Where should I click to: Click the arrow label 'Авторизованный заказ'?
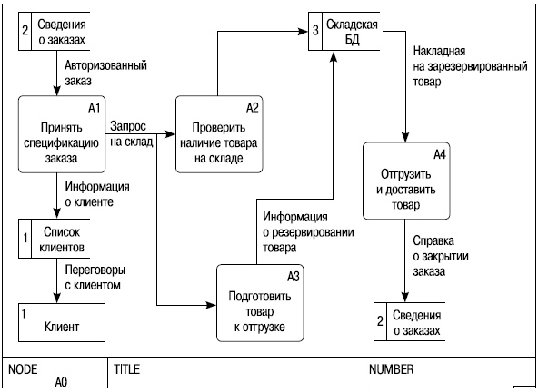105,73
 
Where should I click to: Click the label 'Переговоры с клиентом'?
95,277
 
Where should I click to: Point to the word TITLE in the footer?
126,370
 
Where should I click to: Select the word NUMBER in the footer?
392,370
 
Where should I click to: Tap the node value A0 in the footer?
61,383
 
